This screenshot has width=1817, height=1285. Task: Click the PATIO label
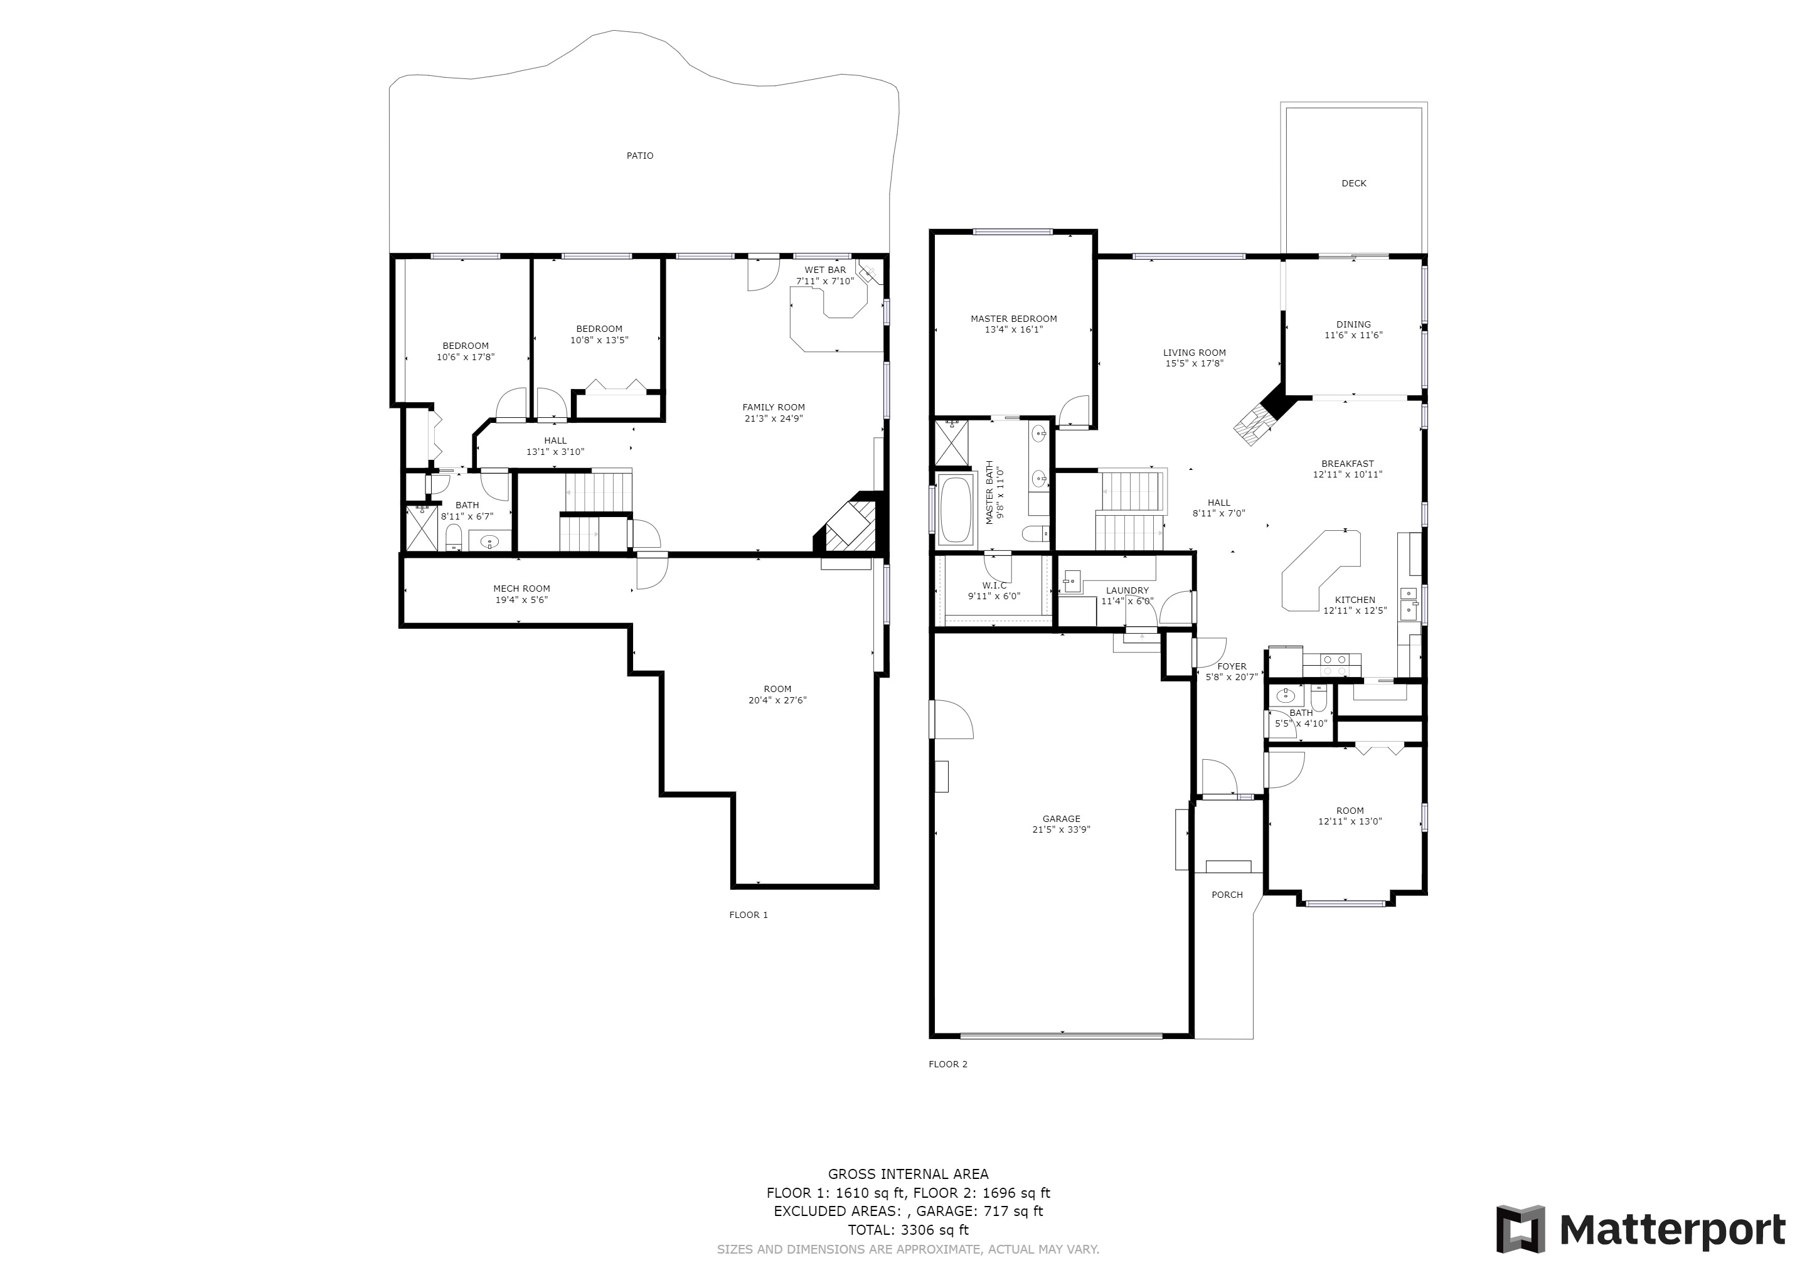(640, 156)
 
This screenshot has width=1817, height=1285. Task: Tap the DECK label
(1354, 184)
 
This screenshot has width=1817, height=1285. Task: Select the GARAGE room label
(1061, 819)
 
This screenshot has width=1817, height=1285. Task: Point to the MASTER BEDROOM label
(1014, 319)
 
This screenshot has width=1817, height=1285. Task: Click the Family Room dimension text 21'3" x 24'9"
(774, 419)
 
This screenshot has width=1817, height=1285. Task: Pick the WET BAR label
(826, 270)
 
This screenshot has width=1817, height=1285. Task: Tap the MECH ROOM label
(521, 589)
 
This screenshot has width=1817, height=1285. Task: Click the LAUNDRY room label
(1127, 590)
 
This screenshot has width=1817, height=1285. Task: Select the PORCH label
(1227, 895)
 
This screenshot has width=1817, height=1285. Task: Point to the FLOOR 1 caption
(749, 915)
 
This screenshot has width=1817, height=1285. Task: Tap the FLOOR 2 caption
(948, 1064)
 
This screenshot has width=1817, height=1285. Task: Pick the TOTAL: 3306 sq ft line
(908, 1230)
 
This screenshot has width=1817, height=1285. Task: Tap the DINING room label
(1354, 324)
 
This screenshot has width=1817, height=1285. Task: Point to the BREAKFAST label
(1348, 464)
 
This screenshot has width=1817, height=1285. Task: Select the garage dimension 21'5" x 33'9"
(1061, 830)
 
